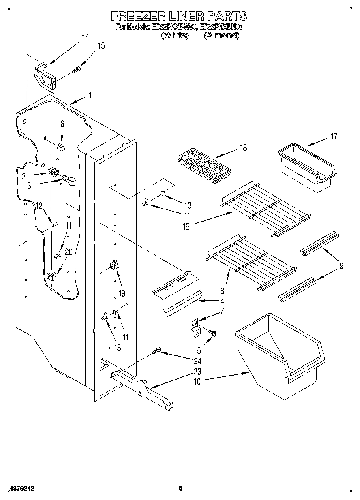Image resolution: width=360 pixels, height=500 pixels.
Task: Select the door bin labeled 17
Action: [306, 169]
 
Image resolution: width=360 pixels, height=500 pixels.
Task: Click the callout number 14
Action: [85, 37]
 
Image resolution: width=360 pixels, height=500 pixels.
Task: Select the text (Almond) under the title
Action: [221, 35]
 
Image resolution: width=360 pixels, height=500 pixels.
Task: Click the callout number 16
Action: [186, 227]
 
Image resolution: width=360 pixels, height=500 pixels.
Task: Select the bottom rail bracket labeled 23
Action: [142, 389]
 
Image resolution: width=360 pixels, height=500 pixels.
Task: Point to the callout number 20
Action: [69, 252]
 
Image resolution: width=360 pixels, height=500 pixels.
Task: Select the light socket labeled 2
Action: [52, 171]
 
